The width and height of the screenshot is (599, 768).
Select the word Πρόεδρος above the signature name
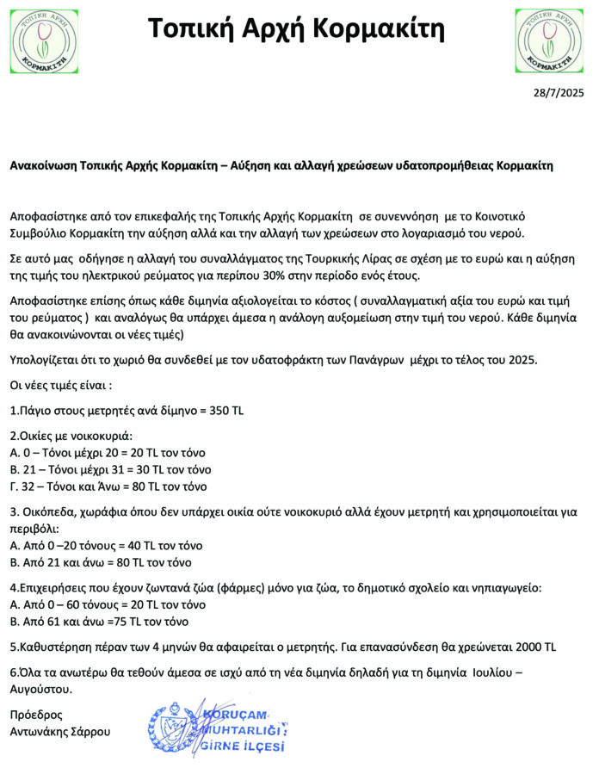(x=36, y=715)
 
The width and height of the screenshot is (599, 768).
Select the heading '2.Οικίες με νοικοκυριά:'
(x=72, y=436)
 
